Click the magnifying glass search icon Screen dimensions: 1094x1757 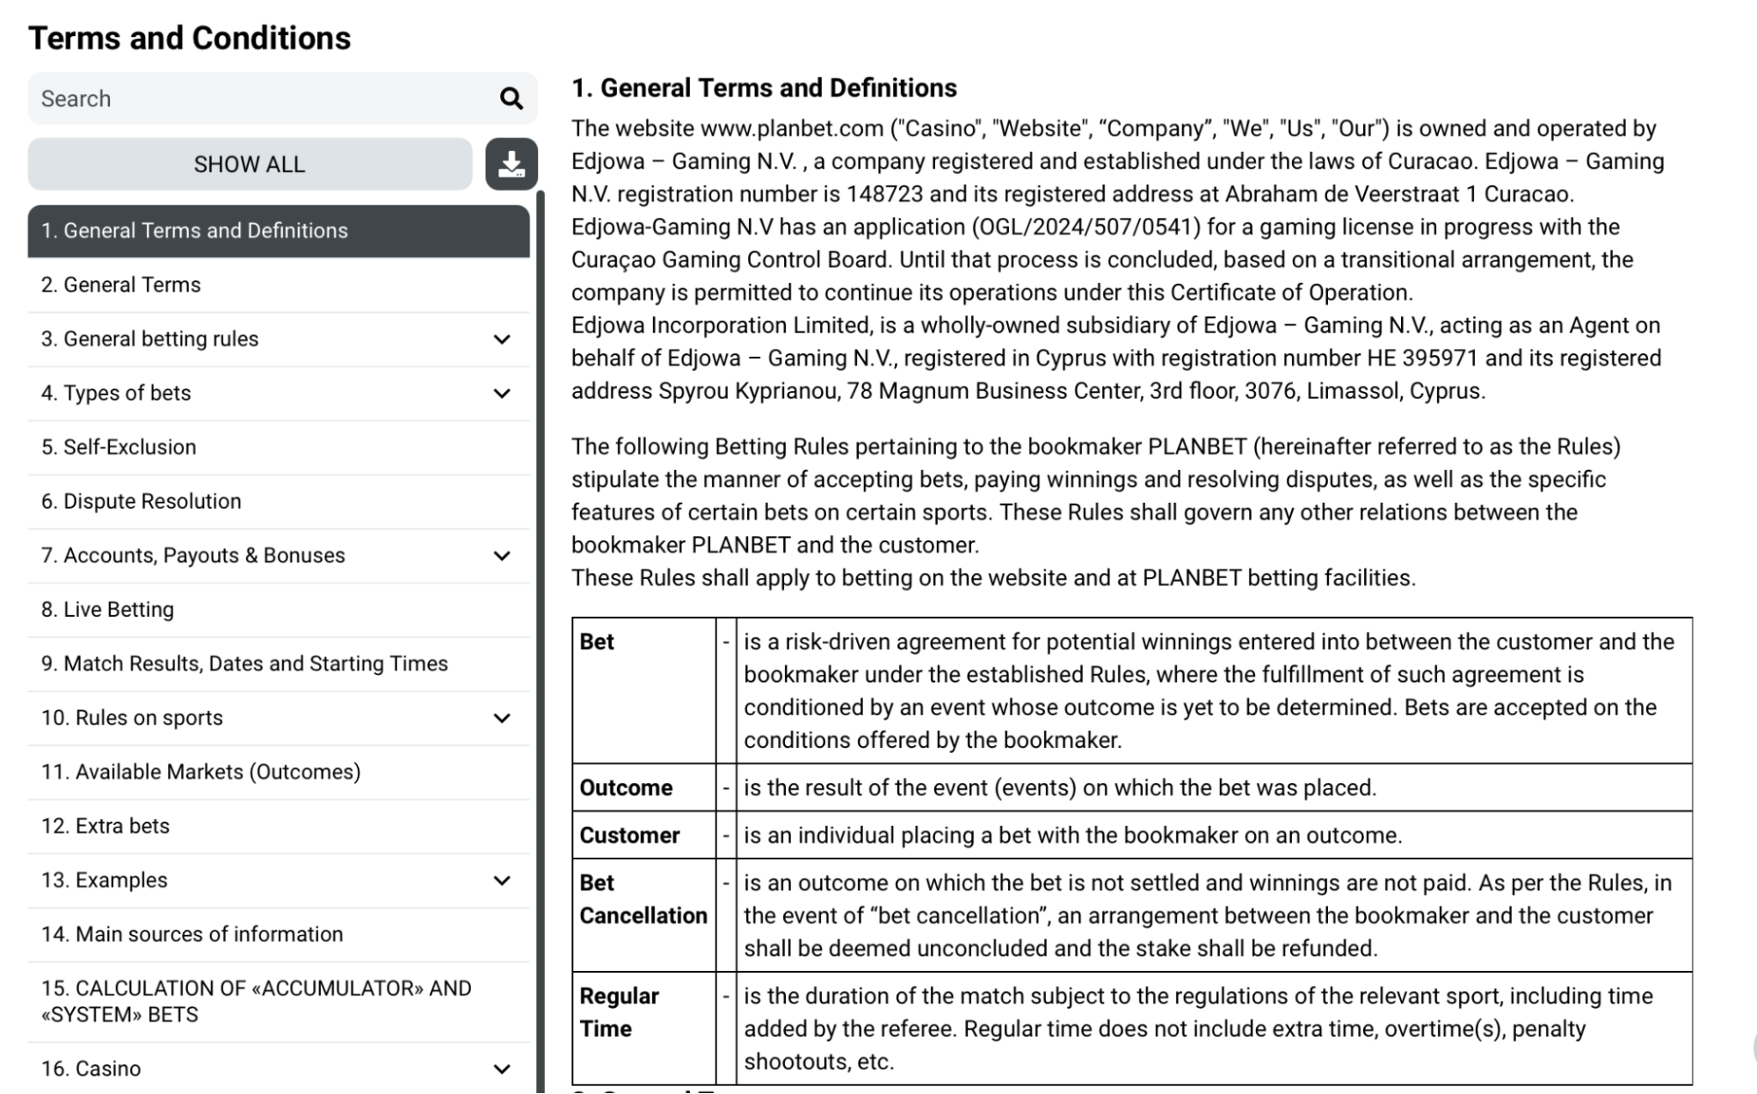512,98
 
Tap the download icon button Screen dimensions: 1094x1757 512,164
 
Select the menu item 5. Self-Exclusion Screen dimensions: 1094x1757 119,447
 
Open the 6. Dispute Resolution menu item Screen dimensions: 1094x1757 141,501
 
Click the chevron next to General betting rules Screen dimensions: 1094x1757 502,339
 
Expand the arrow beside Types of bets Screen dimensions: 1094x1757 502,394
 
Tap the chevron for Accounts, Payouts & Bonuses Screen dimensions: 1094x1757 502,556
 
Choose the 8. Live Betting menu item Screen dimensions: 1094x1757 107,610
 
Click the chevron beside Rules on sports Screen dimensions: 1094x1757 502,719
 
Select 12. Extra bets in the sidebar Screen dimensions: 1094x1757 105,826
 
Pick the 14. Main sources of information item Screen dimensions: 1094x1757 192,934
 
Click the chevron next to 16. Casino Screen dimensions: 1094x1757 502,1069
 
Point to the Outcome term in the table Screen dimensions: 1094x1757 626,787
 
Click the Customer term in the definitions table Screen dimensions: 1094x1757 629,835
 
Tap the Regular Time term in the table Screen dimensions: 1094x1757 619,1012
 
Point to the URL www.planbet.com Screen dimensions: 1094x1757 792,129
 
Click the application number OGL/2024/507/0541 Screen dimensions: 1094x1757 1085,228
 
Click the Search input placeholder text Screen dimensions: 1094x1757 76,98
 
